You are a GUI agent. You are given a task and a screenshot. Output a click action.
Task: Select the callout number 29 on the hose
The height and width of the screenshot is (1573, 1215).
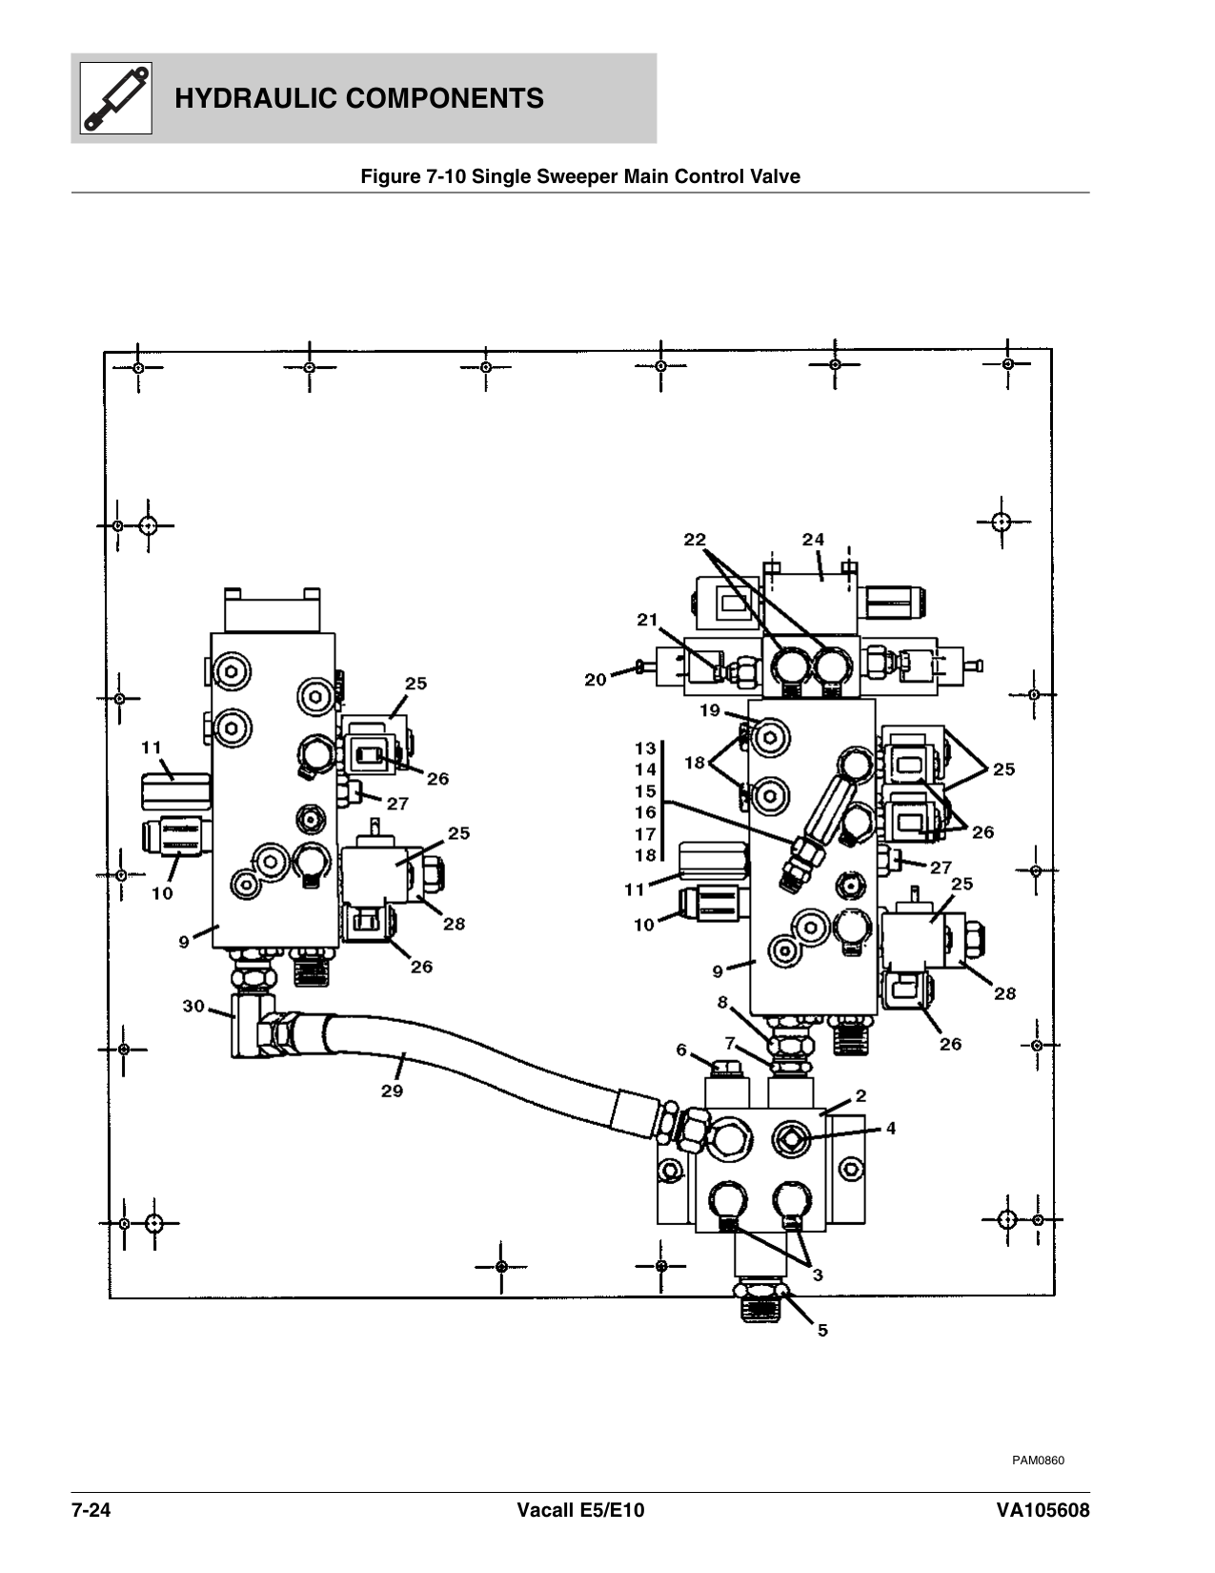click(392, 1091)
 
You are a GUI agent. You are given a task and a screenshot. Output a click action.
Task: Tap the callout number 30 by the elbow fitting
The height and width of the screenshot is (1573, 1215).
click(193, 1006)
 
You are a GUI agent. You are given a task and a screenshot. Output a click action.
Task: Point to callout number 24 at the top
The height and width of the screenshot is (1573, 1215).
click(813, 540)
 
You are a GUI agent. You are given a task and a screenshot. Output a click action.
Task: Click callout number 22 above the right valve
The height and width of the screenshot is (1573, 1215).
click(695, 540)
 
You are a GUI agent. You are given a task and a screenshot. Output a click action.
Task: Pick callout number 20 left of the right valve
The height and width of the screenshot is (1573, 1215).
click(596, 680)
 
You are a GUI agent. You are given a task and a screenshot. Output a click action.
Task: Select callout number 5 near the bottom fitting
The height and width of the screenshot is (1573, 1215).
click(822, 1330)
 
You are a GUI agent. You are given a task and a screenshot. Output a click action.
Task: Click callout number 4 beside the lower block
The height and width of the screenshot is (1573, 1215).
click(890, 1128)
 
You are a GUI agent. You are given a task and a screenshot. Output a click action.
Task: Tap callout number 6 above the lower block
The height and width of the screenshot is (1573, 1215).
click(681, 1050)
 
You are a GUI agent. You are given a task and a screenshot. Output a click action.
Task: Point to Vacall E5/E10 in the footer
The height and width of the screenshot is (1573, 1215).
click(580, 1511)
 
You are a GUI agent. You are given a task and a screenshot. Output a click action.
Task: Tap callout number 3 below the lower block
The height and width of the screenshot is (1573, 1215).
click(818, 1274)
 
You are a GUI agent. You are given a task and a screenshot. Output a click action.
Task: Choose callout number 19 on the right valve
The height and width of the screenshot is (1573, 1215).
click(710, 710)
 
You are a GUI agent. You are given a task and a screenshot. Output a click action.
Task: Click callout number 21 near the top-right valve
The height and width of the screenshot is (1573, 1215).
click(648, 620)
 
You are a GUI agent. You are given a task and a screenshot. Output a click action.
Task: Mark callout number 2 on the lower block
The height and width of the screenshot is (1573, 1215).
click(860, 1096)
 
